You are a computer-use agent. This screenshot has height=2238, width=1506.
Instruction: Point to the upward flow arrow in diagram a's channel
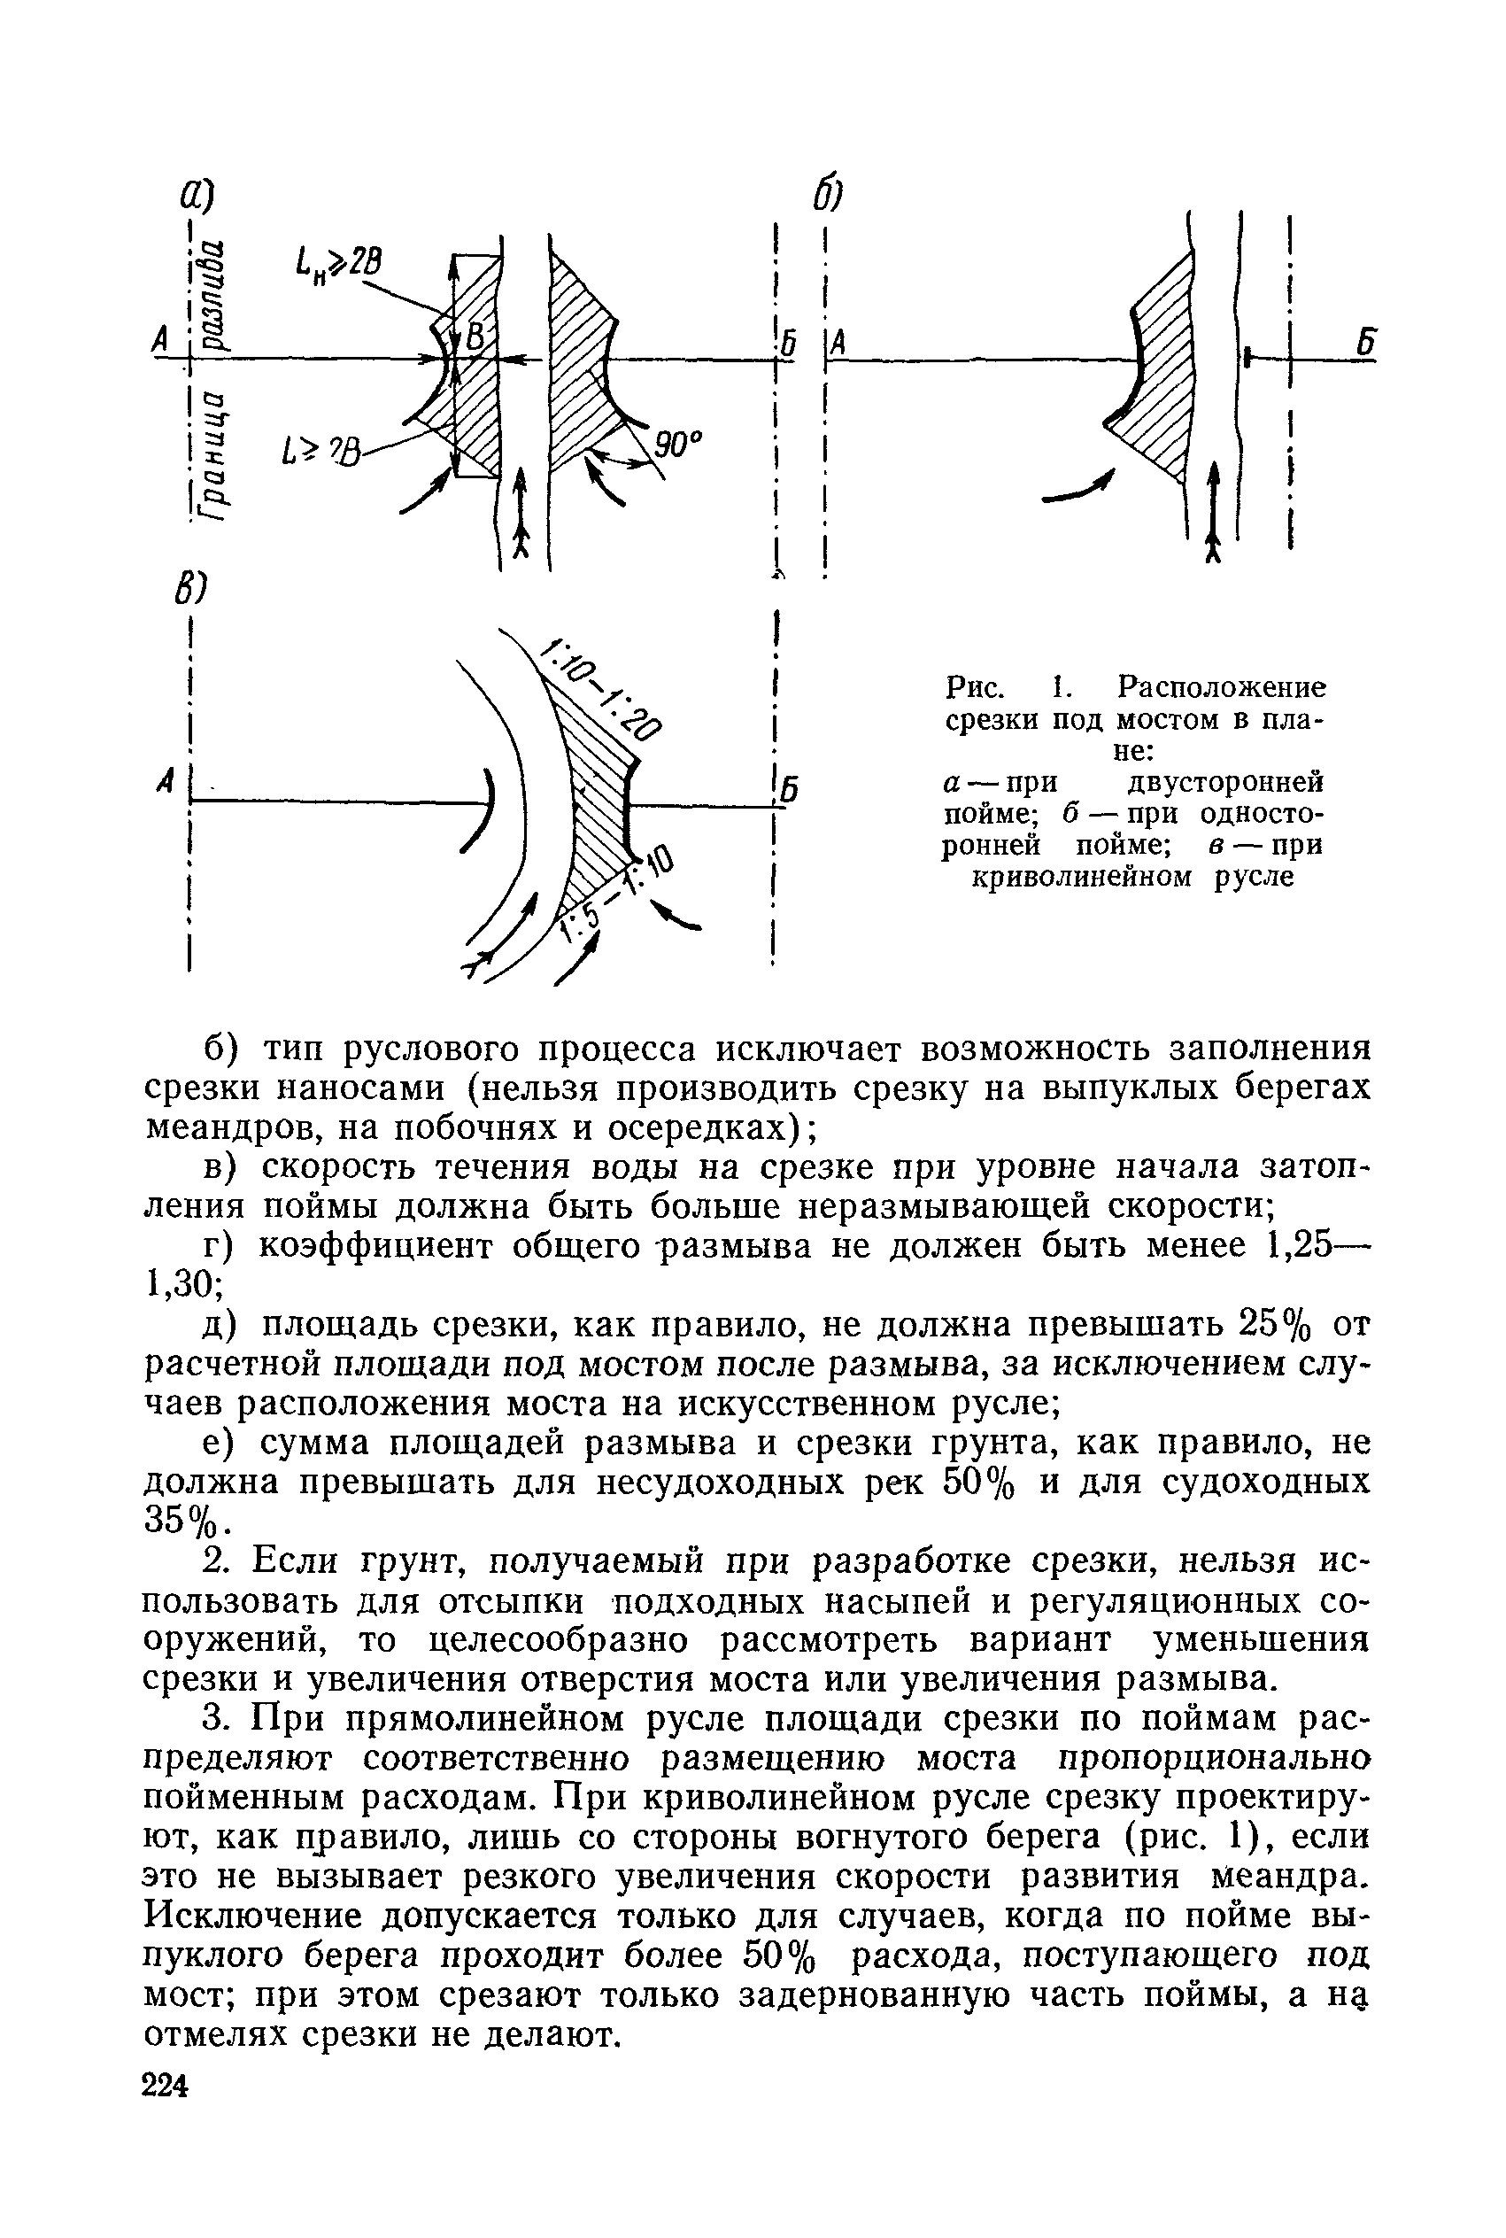click(521, 514)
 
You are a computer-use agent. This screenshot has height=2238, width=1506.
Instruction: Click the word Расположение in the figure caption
click(1222, 688)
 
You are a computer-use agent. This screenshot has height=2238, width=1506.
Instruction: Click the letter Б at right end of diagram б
click(1367, 343)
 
